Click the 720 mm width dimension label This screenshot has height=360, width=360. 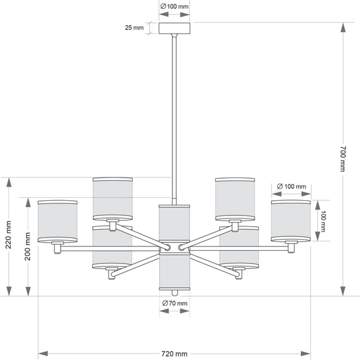(x=174, y=353)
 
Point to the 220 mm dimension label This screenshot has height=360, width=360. (x=8, y=236)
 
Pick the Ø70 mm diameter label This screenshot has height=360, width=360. (x=175, y=304)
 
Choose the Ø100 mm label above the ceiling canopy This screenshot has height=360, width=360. (x=174, y=6)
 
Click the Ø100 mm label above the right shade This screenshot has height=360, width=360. (x=291, y=187)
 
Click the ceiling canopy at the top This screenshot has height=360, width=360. (x=174, y=28)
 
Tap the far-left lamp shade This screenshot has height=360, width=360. (x=57, y=221)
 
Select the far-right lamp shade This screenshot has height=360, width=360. (x=291, y=221)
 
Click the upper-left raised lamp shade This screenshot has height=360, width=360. (x=112, y=198)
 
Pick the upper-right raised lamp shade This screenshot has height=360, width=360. (x=235, y=198)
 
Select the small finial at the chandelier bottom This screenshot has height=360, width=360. (x=174, y=292)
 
